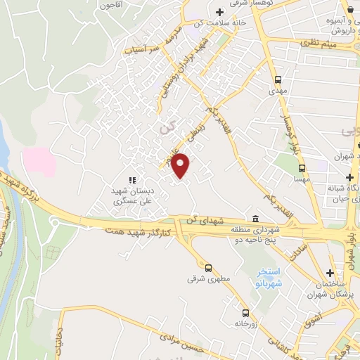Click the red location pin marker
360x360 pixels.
(181, 166)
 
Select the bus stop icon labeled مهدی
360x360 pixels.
(278, 79)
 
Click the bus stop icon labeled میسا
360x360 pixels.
(302, 169)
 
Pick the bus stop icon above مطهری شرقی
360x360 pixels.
(207, 267)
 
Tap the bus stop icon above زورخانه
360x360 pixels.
(245, 313)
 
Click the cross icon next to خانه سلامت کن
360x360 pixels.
(219, 12)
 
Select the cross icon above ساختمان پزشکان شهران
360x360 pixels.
(330, 273)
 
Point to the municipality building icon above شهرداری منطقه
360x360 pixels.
(255, 217)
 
